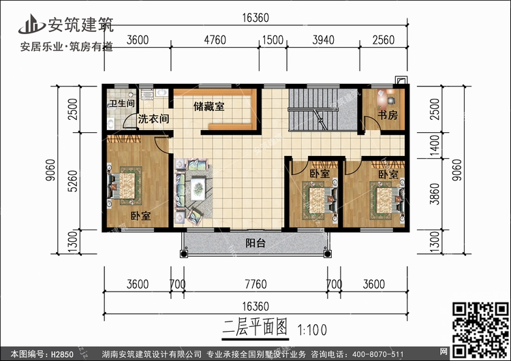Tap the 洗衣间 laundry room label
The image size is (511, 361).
click(153, 119)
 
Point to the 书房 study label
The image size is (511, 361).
click(387, 116)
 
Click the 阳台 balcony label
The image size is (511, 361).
click(255, 243)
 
